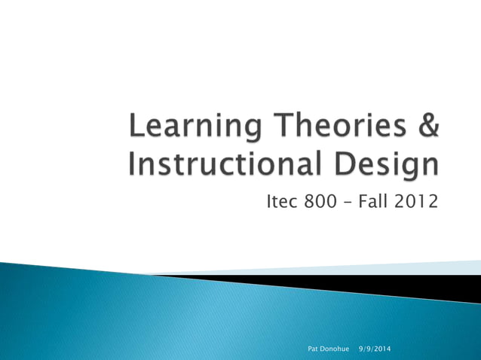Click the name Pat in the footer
tap(315, 349)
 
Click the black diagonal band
tap(422, 285)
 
